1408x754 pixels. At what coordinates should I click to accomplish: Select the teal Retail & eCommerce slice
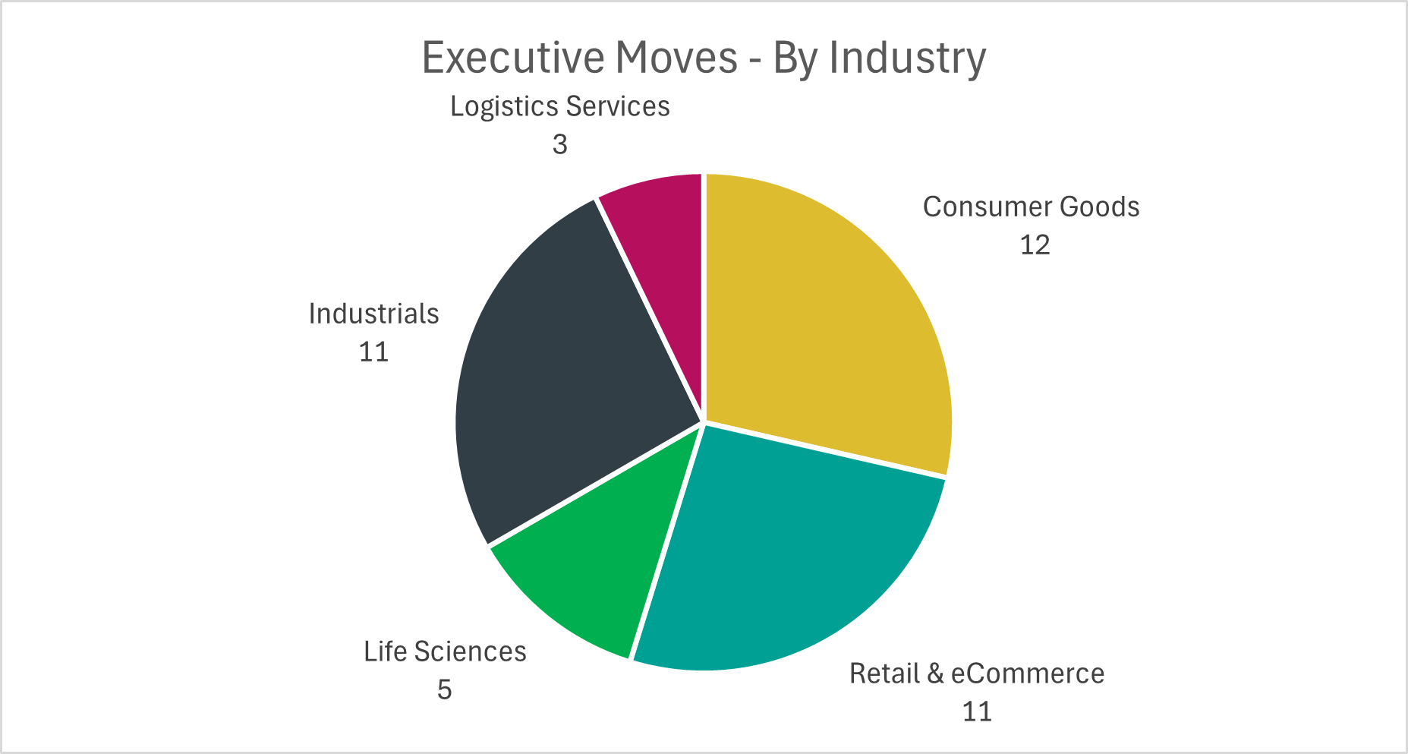point(789,554)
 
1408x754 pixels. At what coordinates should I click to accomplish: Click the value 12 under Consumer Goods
point(1035,245)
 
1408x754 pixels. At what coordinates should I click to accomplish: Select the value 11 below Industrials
point(373,352)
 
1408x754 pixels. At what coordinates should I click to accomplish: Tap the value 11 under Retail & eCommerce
point(977,712)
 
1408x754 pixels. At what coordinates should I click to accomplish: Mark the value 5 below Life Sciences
point(444,690)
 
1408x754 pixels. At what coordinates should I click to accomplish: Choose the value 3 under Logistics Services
point(559,145)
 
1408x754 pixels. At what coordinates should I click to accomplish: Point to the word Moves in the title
point(677,58)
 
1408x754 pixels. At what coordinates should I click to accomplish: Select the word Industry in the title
point(907,58)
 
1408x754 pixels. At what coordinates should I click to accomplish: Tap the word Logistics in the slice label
point(503,107)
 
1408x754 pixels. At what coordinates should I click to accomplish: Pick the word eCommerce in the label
point(1027,674)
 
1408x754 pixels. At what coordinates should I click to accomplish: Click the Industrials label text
point(373,314)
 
